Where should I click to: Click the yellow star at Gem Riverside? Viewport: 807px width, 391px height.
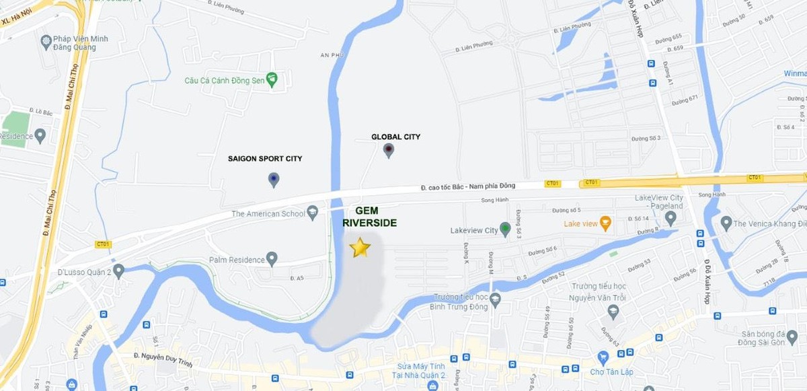pyautogui.click(x=360, y=248)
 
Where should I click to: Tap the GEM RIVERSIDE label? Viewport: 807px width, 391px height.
pyautogui.click(x=369, y=217)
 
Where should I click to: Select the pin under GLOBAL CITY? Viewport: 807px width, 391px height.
pyautogui.click(x=388, y=151)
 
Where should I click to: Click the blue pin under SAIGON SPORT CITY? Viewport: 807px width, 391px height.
pyautogui.click(x=273, y=180)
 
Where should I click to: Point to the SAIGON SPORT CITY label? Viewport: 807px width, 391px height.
pyautogui.click(x=265, y=159)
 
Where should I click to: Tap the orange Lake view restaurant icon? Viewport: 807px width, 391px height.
pyautogui.click(x=605, y=223)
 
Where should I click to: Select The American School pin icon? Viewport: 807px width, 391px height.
pyautogui.click(x=312, y=213)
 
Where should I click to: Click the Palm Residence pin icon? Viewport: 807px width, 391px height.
pyautogui.click(x=272, y=258)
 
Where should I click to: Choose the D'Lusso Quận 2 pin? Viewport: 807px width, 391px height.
pyautogui.click(x=118, y=271)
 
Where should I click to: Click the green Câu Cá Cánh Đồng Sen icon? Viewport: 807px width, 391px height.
pyautogui.click(x=272, y=81)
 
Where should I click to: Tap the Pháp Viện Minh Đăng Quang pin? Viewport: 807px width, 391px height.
pyautogui.click(x=46, y=42)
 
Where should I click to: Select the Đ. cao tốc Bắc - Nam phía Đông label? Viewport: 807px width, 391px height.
pyautogui.click(x=478, y=186)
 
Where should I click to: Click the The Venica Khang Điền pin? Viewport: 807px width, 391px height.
pyautogui.click(x=726, y=223)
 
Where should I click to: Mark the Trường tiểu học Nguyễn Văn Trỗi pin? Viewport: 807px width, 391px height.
pyautogui.click(x=613, y=312)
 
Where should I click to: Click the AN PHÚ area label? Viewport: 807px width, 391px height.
pyautogui.click(x=332, y=56)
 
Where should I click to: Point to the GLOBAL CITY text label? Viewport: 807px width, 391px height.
pyautogui.click(x=395, y=137)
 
